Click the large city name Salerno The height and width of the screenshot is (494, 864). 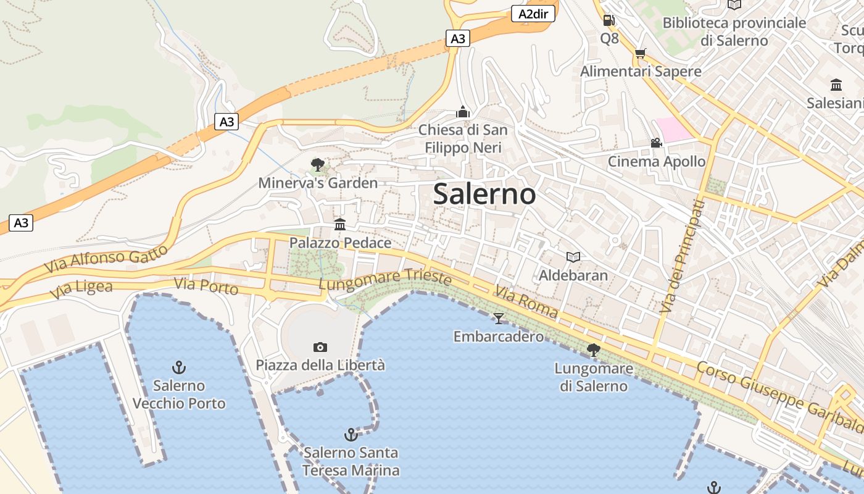[x=484, y=194]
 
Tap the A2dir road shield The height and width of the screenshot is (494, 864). [x=534, y=14]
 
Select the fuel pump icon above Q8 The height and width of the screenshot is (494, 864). [x=609, y=20]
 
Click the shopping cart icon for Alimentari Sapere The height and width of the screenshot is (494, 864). [x=640, y=54]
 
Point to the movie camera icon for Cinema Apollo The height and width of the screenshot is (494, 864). [x=656, y=143]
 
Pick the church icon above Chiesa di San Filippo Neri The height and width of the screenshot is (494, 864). [x=463, y=112]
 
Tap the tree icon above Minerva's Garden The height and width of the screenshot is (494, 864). [x=318, y=165]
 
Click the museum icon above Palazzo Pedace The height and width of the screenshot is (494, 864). [x=340, y=224]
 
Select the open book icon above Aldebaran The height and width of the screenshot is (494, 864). [x=573, y=257]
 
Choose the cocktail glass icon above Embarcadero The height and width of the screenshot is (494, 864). [x=499, y=318]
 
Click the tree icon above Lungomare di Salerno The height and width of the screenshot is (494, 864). [x=594, y=350]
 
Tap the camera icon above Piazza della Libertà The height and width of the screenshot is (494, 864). [x=320, y=347]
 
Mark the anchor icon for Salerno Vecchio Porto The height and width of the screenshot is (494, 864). [x=179, y=367]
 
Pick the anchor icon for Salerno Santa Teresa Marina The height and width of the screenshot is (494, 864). [x=351, y=435]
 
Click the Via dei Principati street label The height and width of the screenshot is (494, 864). [x=682, y=256]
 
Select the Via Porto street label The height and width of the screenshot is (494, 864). [x=206, y=287]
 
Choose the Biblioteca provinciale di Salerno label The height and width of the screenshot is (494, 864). [x=734, y=31]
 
